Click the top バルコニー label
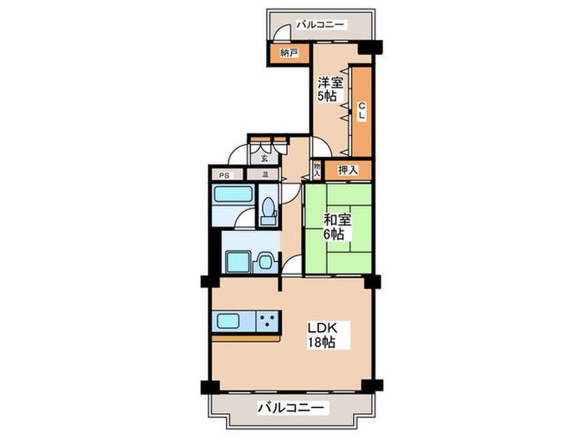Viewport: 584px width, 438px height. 321,25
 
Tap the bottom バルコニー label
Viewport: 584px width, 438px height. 291,407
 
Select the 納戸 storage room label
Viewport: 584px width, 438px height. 289,53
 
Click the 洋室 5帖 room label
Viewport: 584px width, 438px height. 330,89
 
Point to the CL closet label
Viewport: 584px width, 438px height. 361,111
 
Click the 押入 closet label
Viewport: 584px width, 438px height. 348,170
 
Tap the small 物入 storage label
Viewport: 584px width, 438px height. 317,170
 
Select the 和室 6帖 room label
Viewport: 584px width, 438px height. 337,227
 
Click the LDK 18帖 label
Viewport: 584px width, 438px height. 322,335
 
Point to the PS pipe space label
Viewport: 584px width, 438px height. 224,175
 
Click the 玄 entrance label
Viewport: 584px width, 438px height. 264,159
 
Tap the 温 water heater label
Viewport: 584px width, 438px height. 265,174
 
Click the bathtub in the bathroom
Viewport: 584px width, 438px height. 233,194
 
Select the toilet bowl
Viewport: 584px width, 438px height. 268,207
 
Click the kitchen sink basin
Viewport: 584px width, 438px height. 228,320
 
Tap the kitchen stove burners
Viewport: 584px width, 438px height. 269,321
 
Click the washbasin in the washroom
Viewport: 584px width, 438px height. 266,262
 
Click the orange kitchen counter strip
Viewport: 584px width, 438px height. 246,338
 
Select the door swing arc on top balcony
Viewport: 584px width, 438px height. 280,28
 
